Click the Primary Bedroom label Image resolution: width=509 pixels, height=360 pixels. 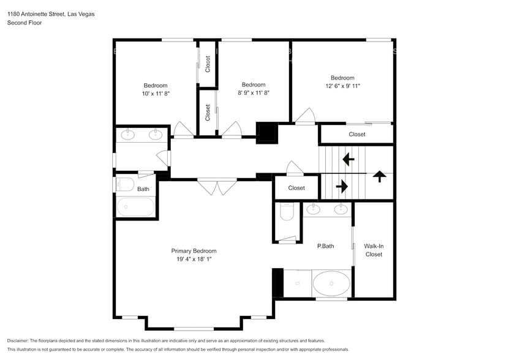(194, 251)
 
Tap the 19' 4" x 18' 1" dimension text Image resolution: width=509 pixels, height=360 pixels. (194, 259)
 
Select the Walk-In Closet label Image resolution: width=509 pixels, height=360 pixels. (374, 250)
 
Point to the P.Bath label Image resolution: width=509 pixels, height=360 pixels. (326, 246)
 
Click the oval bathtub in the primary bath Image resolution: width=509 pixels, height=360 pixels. (331, 283)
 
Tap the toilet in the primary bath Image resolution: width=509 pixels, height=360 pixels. (287, 211)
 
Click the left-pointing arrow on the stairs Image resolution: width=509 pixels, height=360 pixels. (349, 159)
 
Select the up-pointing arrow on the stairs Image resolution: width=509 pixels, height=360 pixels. (380, 176)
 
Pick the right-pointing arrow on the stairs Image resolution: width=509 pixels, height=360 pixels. (342, 187)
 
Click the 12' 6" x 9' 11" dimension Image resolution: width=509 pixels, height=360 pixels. (342, 86)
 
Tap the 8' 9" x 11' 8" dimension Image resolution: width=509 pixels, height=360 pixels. (254, 93)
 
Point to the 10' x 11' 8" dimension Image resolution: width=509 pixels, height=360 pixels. (156, 94)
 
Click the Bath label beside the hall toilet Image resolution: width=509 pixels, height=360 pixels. (143, 189)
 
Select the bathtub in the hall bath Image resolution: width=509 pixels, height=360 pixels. (135, 207)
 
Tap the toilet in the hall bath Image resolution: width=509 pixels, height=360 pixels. (126, 184)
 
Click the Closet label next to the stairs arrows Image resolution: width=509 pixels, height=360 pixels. (296, 188)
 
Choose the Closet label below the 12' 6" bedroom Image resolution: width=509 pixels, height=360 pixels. (357, 135)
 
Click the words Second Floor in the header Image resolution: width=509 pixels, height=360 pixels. (25, 23)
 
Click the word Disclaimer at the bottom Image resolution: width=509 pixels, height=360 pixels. (18, 341)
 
